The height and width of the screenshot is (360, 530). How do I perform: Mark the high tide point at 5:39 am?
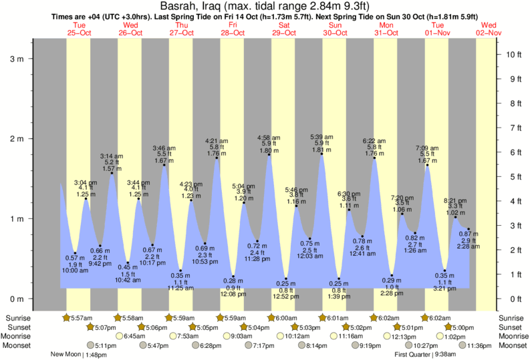322,155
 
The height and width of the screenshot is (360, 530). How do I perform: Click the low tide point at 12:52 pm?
286,279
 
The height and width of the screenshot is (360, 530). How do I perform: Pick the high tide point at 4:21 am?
217,158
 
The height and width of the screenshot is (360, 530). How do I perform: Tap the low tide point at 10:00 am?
75,253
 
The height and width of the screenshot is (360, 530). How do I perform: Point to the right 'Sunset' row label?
513,327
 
